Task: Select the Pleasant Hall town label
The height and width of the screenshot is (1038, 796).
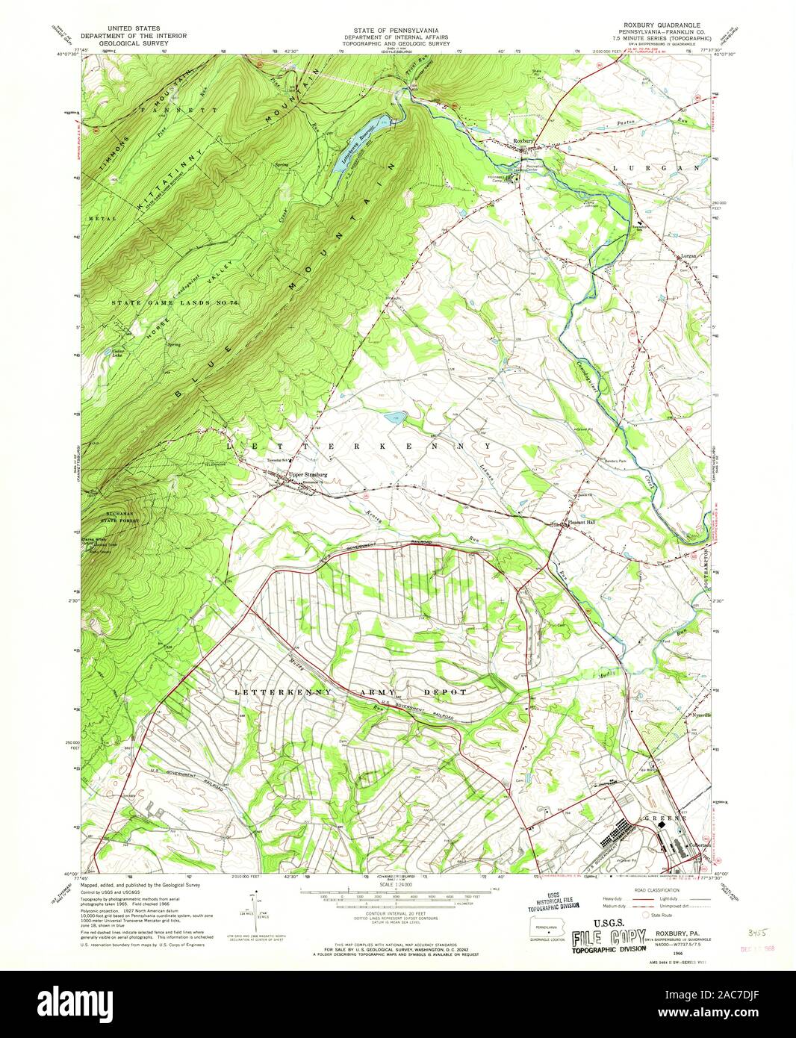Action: (x=579, y=522)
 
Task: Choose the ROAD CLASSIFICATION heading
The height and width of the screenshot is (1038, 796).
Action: (x=648, y=890)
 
